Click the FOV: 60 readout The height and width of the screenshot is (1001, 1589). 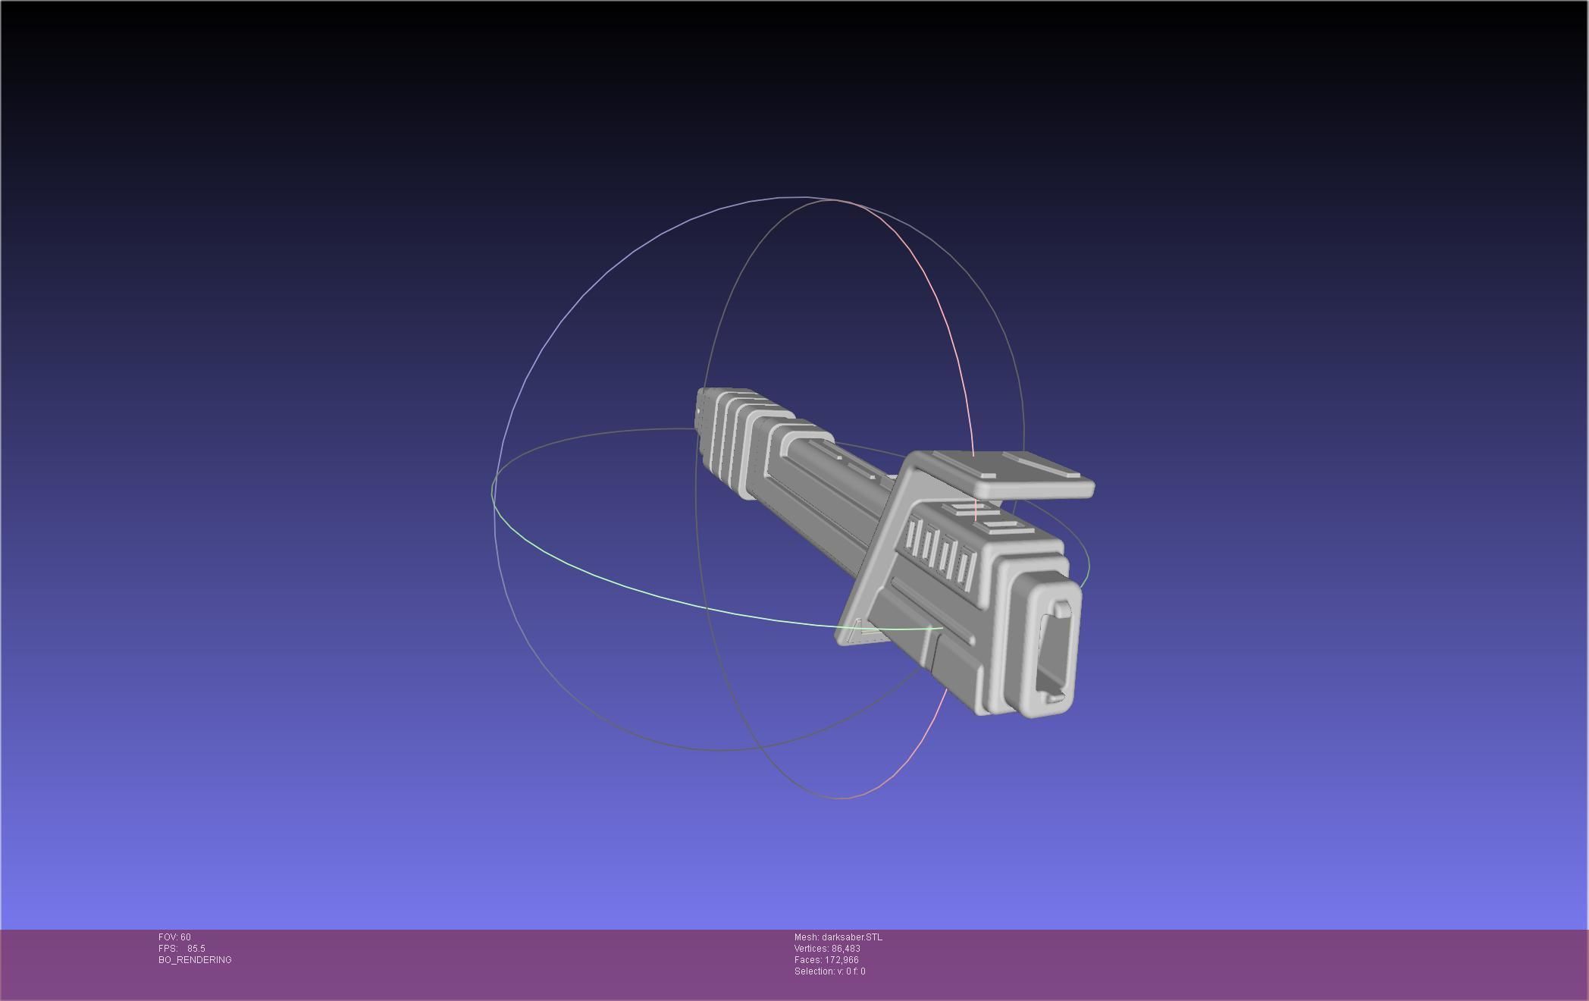(174, 937)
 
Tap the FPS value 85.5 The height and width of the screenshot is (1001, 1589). (196, 949)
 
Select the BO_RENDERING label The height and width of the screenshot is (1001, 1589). (195, 960)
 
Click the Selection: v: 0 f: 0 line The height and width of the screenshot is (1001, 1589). (829, 971)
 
